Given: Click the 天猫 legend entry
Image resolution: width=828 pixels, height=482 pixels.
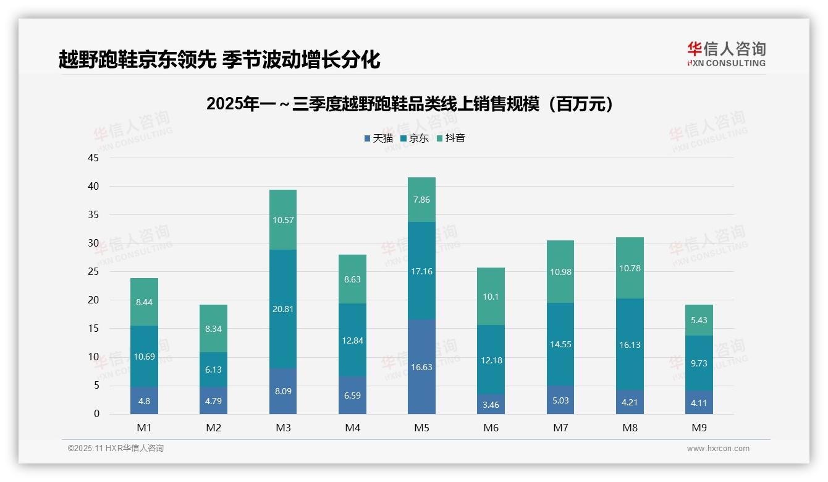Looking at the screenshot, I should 379,138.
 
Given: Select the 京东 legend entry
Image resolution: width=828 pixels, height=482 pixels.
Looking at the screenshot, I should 415,138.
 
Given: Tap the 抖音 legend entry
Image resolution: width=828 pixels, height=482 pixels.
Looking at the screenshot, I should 451,138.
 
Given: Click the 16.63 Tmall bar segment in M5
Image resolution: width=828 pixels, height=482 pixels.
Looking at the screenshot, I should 421,366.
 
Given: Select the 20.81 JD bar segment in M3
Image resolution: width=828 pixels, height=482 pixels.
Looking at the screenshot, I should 283,309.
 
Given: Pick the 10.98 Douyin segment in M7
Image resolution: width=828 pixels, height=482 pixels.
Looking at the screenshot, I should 560,272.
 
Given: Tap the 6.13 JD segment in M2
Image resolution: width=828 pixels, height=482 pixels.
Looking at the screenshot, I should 213,370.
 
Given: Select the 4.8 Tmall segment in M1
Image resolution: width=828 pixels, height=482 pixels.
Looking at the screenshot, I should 144,400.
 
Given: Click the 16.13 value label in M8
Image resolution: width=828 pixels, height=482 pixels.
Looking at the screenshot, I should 630,345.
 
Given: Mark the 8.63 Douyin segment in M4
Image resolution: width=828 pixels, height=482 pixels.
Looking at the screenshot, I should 352,279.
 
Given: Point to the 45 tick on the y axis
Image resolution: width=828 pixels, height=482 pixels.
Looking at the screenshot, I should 93,158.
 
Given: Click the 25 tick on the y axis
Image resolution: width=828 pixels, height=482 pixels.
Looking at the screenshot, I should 93,271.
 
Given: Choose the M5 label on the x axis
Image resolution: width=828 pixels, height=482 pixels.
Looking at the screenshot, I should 421,428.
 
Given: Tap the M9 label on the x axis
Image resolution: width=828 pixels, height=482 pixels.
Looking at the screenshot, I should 699,428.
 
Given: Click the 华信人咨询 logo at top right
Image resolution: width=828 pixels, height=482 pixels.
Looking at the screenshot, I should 726,54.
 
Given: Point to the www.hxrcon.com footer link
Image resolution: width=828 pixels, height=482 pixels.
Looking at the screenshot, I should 717,449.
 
